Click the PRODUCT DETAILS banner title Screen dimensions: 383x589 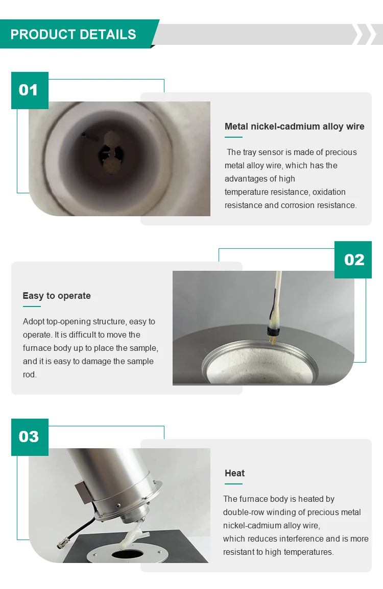pos(74,35)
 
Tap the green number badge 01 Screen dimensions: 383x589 pos(30,91)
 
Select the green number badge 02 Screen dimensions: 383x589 pos(353,260)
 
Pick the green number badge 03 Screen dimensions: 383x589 pos(30,437)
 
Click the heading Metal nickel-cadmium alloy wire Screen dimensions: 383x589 pos(294,126)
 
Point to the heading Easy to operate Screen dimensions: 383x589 pos(57,296)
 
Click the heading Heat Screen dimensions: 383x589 pos(234,473)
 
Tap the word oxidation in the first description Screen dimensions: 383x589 pos(329,192)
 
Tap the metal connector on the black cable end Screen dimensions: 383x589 pos(62,543)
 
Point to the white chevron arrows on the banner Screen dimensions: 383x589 pos(365,34)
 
